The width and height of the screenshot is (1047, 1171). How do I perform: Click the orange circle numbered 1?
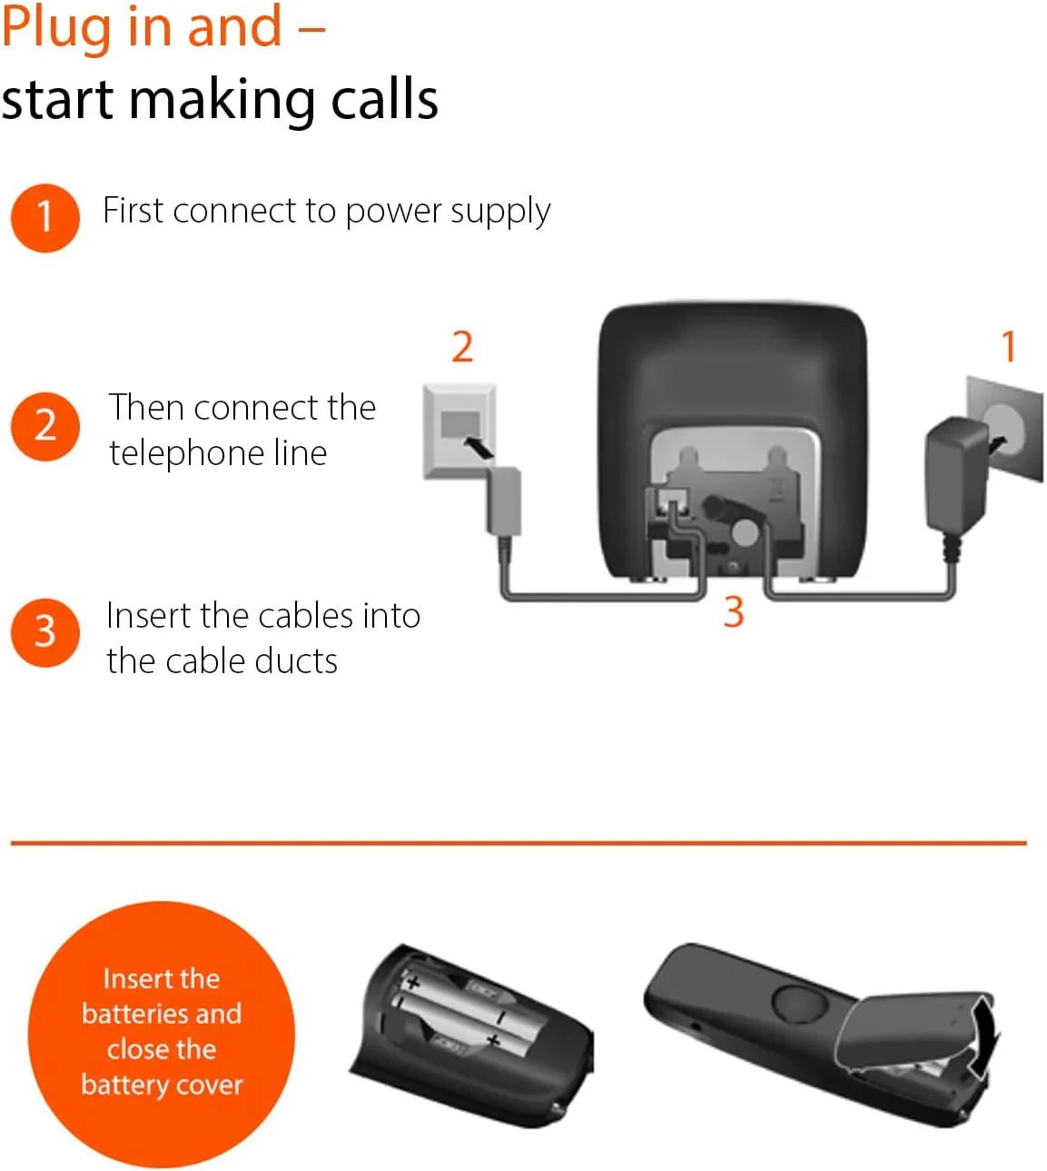(45, 218)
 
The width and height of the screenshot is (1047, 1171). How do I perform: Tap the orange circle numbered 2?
(45, 426)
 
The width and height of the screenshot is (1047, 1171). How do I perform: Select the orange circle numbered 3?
(45, 632)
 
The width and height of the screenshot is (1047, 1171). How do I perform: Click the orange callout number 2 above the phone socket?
(462, 347)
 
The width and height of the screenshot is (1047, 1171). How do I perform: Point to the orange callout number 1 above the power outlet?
(1008, 346)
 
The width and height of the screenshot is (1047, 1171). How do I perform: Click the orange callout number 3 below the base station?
(734, 611)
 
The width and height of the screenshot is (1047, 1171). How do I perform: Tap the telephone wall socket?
(459, 432)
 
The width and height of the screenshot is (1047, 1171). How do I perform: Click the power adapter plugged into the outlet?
(955, 474)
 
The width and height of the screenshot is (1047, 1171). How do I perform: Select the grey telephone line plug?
(505, 501)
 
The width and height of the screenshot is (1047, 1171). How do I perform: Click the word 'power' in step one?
(395, 212)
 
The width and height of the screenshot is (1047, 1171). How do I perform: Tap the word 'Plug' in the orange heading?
(56, 29)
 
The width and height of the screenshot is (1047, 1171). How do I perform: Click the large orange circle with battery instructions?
(162, 1034)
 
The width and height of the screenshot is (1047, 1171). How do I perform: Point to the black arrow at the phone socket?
(479, 448)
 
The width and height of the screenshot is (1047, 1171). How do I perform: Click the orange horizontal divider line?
(519, 843)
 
